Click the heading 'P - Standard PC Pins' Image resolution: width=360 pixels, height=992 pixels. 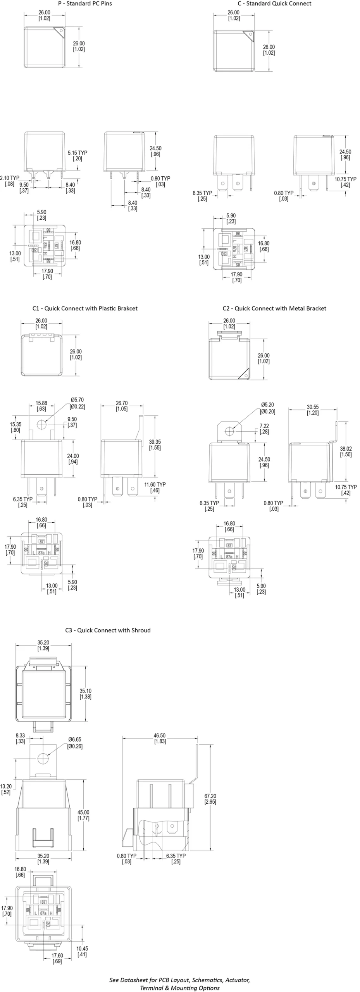click(85, 3)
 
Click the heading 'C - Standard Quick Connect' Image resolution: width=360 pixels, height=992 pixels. click(274, 3)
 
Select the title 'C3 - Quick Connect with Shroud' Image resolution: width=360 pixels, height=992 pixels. click(108, 630)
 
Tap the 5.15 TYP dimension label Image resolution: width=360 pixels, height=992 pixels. click(78, 155)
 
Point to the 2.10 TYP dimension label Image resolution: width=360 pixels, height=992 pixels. click(10, 181)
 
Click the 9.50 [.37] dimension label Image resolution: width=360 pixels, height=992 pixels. click(24, 188)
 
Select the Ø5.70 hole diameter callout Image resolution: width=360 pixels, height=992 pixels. click(77, 403)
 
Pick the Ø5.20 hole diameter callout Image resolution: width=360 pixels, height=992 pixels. click(267, 408)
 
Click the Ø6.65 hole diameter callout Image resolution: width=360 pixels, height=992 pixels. click(75, 743)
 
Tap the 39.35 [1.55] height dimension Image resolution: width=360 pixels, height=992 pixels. click(155, 444)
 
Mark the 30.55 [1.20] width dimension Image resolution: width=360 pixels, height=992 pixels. click(312, 410)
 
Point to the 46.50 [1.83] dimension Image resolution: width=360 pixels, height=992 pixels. click(160, 738)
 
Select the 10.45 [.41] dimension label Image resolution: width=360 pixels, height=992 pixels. click(82, 951)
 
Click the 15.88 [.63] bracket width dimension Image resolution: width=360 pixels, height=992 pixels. click(41, 406)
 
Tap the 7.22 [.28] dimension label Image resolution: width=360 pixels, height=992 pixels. click(264, 429)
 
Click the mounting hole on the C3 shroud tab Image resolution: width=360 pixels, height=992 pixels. click(43, 758)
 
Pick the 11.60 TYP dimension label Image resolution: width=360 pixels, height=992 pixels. click(155, 487)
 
